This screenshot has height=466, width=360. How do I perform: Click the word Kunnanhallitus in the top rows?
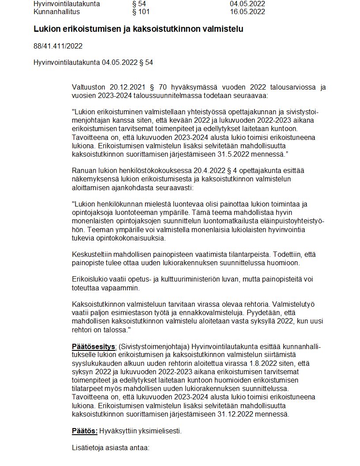(54, 11)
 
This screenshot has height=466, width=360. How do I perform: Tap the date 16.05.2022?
(247, 11)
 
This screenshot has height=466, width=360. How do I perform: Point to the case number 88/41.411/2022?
(58, 46)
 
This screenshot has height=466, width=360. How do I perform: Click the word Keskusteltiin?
(92, 255)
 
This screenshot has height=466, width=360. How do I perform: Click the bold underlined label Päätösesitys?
(94, 347)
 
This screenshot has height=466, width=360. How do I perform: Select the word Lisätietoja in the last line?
(88, 447)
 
